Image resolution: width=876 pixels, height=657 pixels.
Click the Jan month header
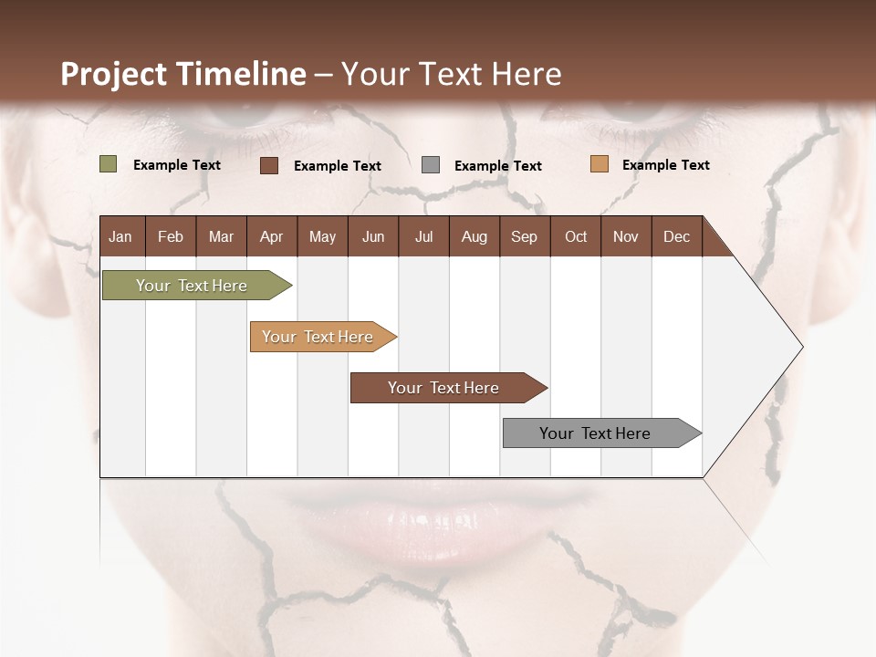[x=120, y=236]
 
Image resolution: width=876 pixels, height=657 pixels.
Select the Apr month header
[x=271, y=236]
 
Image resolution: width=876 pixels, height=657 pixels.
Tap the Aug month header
[x=474, y=236]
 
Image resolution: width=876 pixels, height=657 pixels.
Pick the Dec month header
[x=676, y=236]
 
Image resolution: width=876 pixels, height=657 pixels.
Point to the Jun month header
[x=372, y=236]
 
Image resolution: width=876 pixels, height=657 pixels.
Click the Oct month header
[x=575, y=236]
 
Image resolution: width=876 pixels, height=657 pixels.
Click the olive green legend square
[x=108, y=164]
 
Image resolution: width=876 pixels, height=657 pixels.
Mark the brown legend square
[x=268, y=165]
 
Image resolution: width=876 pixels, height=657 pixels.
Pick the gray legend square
[x=430, y=165]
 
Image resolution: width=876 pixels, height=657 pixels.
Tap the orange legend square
[x=599, y=164]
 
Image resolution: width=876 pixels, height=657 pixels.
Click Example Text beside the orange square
[x=665, y=165]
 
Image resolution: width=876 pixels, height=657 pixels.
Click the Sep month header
[x=524, y=236]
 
